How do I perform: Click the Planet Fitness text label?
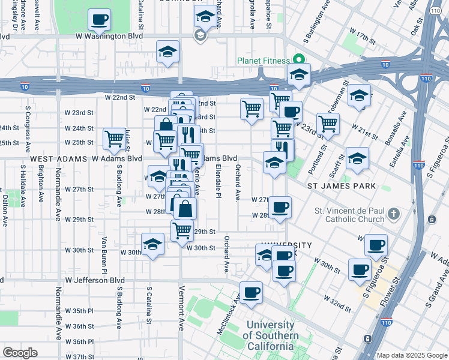tap(263, 61)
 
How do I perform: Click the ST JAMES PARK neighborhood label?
tap(342, 186)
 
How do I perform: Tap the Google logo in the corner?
tap(20, 353)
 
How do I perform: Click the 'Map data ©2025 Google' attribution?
tap(412, 355)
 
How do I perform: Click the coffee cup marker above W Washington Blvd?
tap(99, 19)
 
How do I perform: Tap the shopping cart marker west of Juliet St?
tap(114, 139)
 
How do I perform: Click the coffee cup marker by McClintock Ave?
tap(252, 292)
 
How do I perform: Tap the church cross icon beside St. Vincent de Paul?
tap(393, 214)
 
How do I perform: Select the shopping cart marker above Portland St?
tap(328, 124)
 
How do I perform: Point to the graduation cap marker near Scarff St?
tap(357, 158)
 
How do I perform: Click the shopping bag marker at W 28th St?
tap(185, 209)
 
